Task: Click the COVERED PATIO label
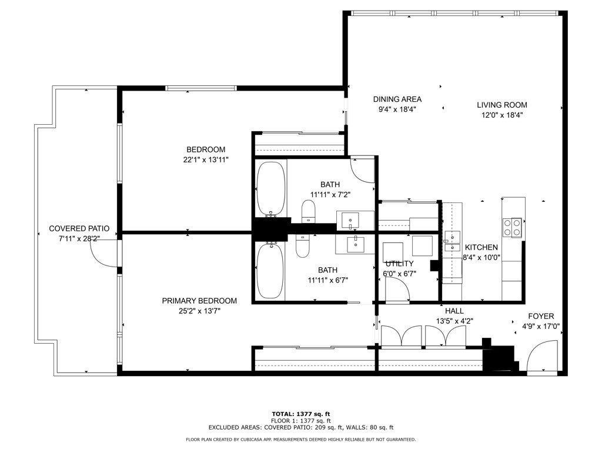click(79, 228)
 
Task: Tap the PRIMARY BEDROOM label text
click(199, 301)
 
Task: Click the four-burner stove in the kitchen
click(512, 227)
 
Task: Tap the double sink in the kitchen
click(451, 242)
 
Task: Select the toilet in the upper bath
click(309, 212)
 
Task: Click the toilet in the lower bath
click(303, 247)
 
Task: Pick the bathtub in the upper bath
click(272, 189)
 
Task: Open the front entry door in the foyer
click(540, 358)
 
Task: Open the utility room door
click(397, 290)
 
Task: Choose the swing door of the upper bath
click(362, 170)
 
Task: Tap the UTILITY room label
click(399, 264)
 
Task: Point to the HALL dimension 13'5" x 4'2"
click(454, 321)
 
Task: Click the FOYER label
click(540, 316)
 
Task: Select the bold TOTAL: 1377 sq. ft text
click(300, 414)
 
